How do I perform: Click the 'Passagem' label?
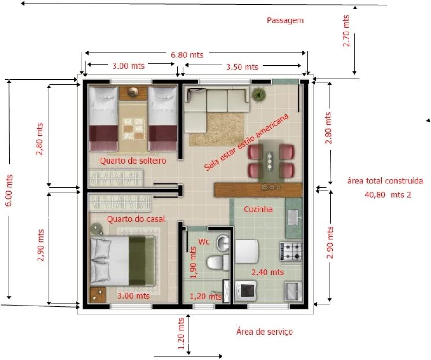coord(285,20)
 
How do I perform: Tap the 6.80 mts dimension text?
coord(187,55)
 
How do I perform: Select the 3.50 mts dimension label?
coord(242,67)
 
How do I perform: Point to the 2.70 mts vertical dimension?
coord(346,31)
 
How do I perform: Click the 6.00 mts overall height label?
coord(9,190)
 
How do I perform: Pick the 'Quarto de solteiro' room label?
coord(133,160)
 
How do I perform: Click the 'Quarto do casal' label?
coord(135,219)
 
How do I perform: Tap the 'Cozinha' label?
coord(258,209)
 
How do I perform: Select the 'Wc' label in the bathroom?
coord(203,241)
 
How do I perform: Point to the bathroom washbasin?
coord(223,243)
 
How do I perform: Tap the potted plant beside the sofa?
coord(259,94)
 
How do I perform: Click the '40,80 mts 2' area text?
coord(388,195)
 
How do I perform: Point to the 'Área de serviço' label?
coord(265,332)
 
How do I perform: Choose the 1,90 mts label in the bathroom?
coord(193,262)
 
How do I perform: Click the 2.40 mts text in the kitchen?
coord(267,272)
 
